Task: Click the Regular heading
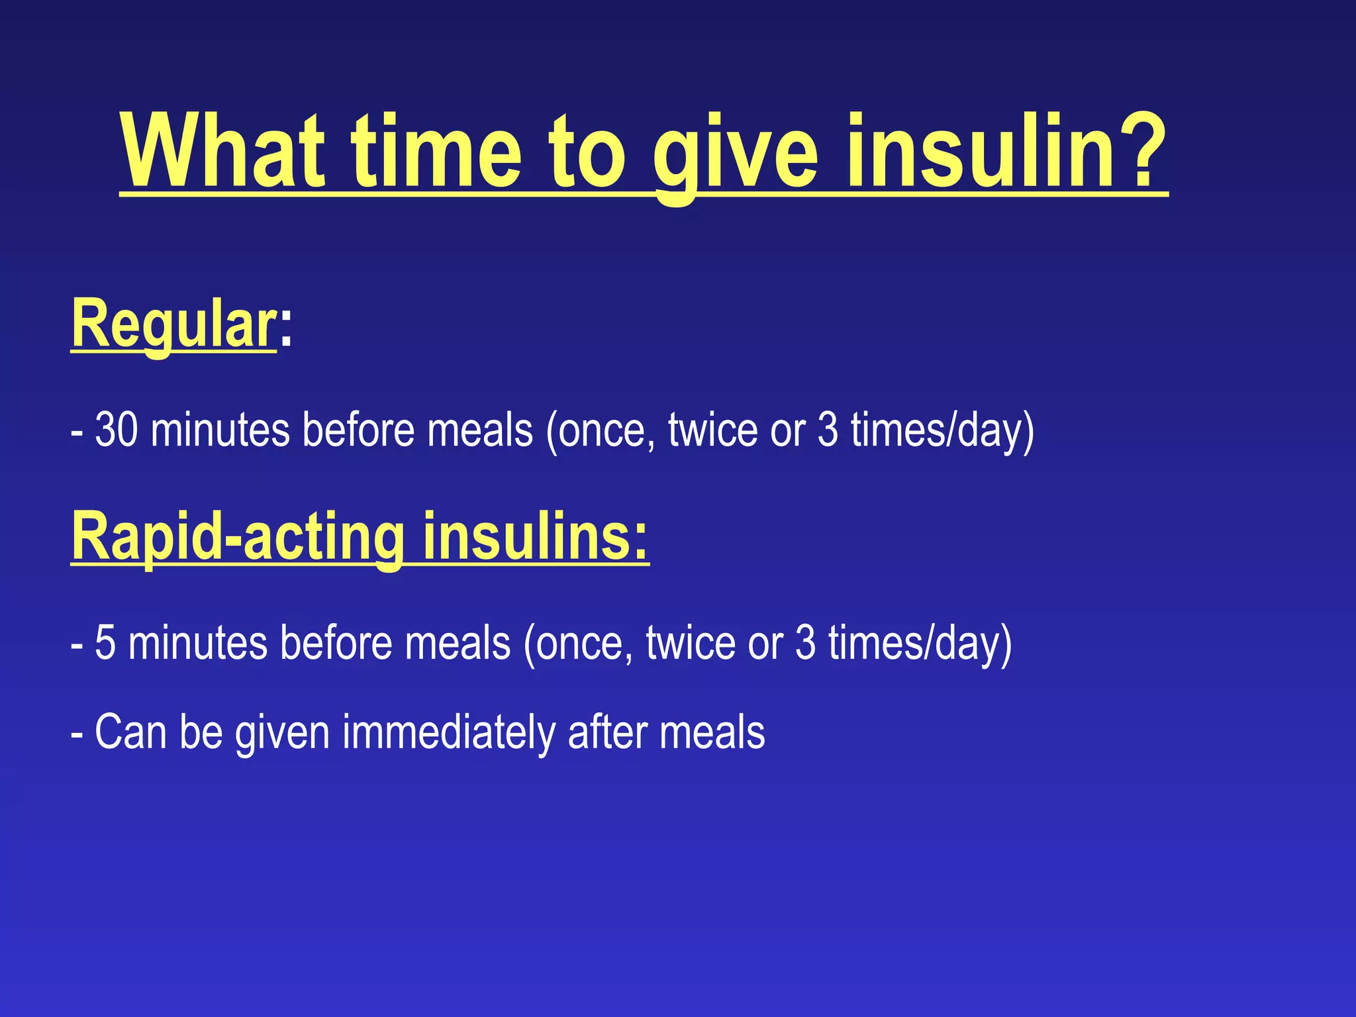[173, 324]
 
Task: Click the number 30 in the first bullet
[117, 430]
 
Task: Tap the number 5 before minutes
[105, 643]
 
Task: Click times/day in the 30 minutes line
[940, 430]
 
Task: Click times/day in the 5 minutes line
[918, 643]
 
